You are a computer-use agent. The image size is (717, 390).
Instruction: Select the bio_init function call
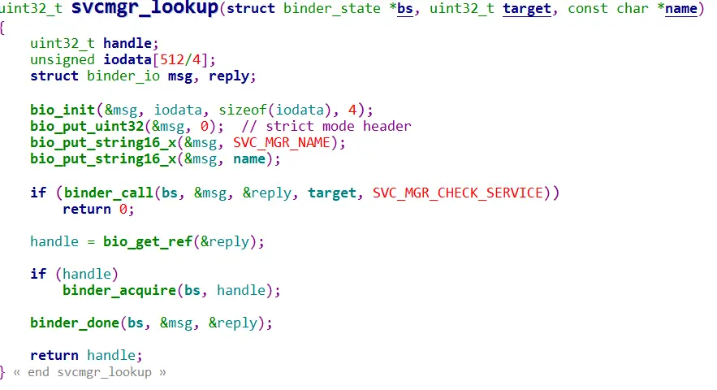tap(63, 110)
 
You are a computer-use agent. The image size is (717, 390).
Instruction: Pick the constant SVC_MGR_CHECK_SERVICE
tap(463, 193)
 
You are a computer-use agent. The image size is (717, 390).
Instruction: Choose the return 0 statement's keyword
tap(87, 209)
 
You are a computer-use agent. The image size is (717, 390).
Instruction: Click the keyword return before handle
tap(54, 355)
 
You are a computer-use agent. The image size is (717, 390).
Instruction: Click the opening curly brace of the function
tap(3, 27)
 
